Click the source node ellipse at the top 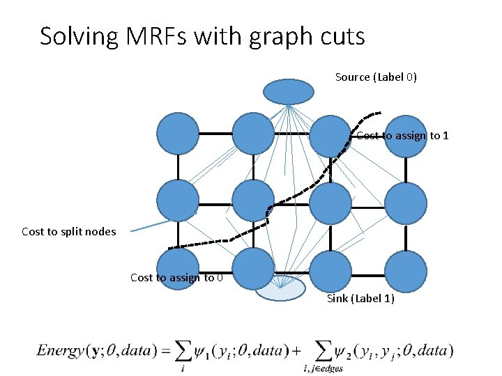click(289, 91)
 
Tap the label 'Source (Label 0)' click(376, 77)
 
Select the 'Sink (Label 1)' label click(360, 299)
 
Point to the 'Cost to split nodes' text click(69, 231)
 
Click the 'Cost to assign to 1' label click(402, 135)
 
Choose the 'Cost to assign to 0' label click(177, 277)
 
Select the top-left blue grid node click(178, 134)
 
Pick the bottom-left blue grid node click(178, 268)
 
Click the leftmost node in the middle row click(178, 200)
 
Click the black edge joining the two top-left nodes click(215, 134)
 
